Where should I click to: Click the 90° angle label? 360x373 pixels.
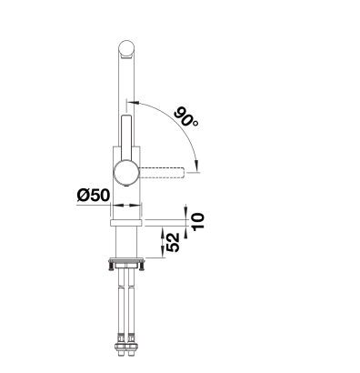[x=186, y=117]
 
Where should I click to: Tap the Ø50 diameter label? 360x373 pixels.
[x=94, y=195]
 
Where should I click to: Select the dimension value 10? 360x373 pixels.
[x=198, y=221]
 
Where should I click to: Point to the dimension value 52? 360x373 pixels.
[x=173, y=242]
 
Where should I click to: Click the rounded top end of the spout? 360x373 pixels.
[x=126, y=49]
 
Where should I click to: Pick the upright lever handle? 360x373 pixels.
[x=126, y=137]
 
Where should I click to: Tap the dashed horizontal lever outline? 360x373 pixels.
[x=162, y=173]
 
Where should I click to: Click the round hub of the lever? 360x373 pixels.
[x=126, y=173]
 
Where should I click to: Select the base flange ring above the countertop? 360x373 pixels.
[x=126, y=223]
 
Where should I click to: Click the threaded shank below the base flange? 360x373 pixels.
[x=126, y=242]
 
